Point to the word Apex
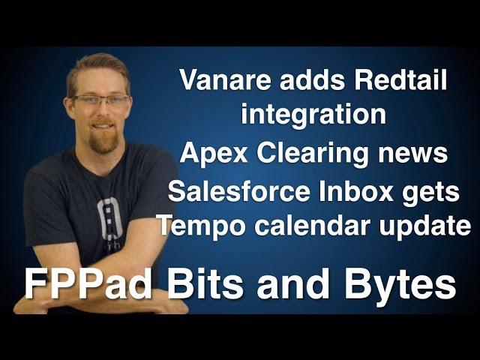click(x=214, y=153)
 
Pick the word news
click(x=412, y=154)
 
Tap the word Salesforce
click(x=239, y=191)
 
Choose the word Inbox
click(x=355, y=191)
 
